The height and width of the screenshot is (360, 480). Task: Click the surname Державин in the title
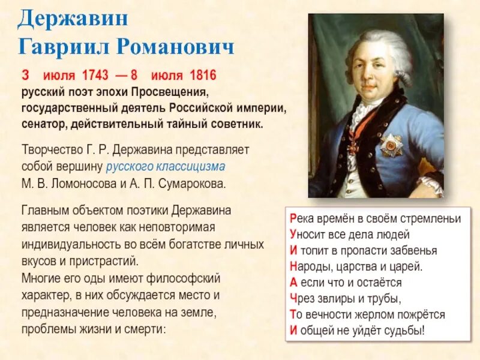point(73,18)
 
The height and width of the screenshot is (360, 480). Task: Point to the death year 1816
point(202,76)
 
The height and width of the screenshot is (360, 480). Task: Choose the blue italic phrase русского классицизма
point(166,167)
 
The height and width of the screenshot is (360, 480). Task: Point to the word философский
point(187,278)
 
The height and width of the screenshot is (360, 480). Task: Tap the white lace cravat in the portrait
point(361,117)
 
